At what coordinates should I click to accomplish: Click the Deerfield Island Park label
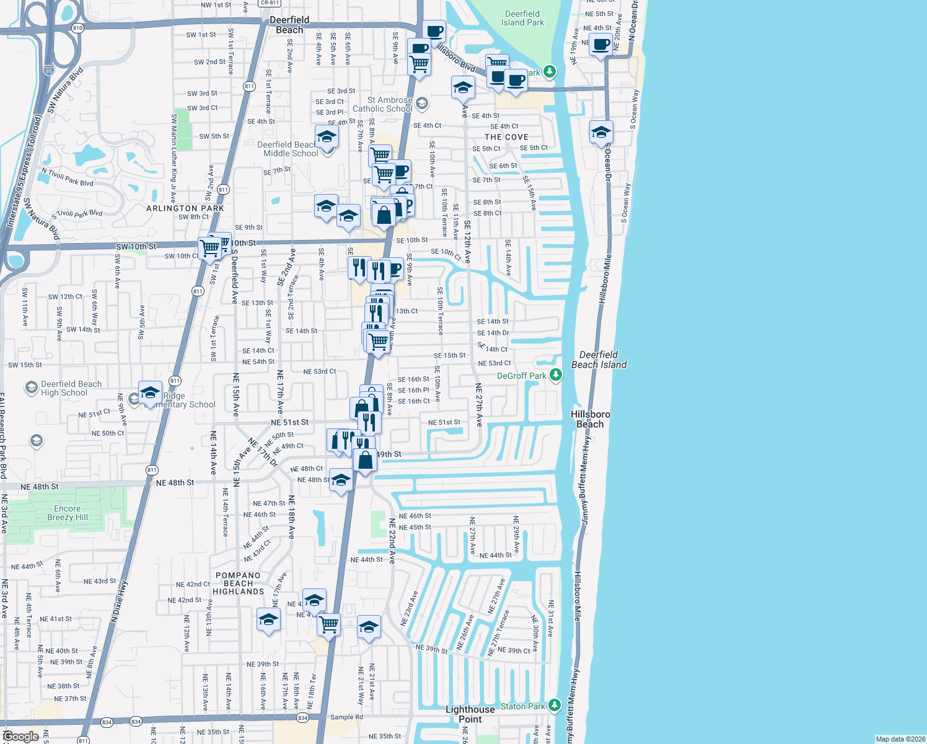522,18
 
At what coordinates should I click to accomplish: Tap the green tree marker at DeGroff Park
556,375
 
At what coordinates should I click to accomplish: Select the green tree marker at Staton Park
554,706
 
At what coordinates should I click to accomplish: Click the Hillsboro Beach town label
590,419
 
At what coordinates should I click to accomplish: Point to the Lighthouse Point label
470,714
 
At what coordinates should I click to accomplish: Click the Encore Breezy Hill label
67,513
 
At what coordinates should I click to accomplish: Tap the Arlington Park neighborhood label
185,208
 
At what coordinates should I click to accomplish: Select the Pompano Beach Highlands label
238,583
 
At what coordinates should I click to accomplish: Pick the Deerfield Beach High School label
71,388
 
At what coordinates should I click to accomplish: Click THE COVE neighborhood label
506,137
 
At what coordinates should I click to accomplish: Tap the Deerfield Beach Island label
599,360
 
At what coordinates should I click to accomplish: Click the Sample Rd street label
346,717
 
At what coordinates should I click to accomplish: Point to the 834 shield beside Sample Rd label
302,717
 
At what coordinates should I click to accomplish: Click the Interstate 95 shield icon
49,71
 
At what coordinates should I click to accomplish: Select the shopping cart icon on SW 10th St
210,247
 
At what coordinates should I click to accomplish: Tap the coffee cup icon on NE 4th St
600,45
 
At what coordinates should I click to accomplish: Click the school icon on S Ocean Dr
600,132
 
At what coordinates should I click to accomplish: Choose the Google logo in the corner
20,737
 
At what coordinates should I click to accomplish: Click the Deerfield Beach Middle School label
288,149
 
